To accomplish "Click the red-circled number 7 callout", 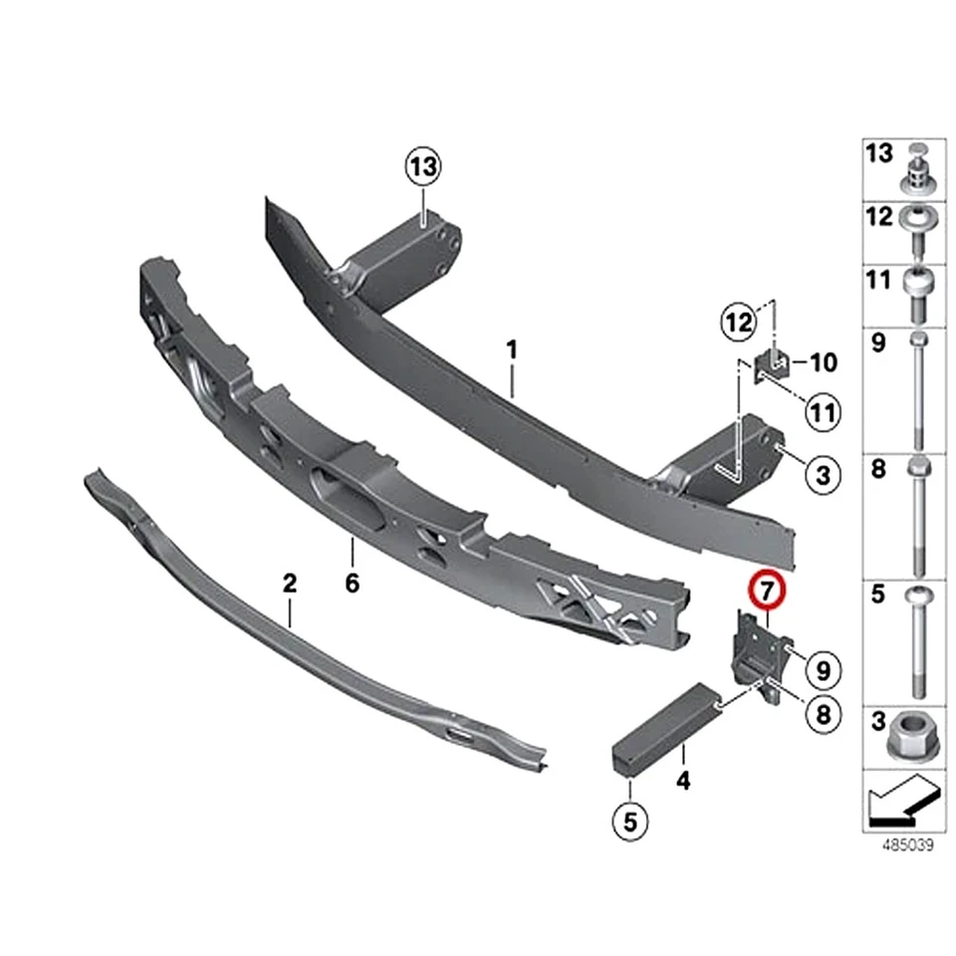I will (x=768, y=592).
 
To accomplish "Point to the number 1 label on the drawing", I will (x=512, y=351).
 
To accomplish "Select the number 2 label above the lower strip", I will (x=290, y=584).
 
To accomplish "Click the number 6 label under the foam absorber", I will (x=352, y=584).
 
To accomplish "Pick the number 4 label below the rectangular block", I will (x=683, y=781).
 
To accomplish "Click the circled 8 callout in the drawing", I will (x=823, y=714).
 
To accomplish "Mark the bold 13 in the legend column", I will (x=879, y=154).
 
